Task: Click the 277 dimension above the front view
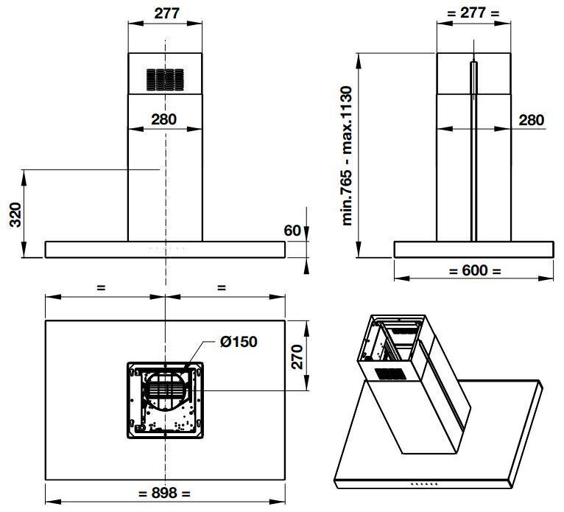pyautogui.click(x=166, y=13)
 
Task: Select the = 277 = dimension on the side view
pyautogui.click(x=473, y=13)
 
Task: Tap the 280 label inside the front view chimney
pyautogui.click(x=164, y=119)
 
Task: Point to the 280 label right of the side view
pyautogui.click(x=531, y=120)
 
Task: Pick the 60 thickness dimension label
pyautogui.click(x=292, y=231)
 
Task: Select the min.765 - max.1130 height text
pyautogui.click(x=348, y=155)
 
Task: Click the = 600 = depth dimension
pyautogui.click(x=474, y=270)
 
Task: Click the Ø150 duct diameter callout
pyautogui.click(x=238, y=342)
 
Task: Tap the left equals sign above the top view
pyautogui.click(x=101, y=288)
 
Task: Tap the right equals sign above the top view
pyautogui.click(x=222, y=288)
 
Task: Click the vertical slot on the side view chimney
pyautogui.click(x=473, y=151)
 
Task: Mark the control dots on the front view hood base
pyautogui.click(x=166, y=249)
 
